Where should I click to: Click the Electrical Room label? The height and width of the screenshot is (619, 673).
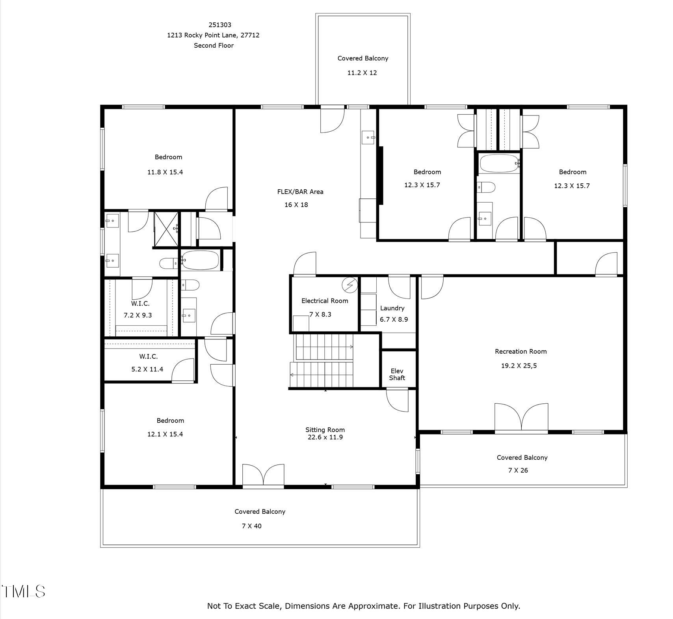coord(324,301)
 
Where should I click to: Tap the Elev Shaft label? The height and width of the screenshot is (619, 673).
coord(397,374)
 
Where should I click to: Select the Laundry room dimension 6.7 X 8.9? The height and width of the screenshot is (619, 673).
coord(394,319)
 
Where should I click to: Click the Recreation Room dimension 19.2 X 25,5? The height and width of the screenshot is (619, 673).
coord(519,365)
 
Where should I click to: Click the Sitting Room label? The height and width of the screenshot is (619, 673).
coord(325,430)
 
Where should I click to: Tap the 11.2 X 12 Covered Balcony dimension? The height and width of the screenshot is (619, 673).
coord(362,73)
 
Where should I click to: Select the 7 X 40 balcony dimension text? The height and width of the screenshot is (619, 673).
coord(251,526)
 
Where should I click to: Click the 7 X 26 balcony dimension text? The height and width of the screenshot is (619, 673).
coord(518,470)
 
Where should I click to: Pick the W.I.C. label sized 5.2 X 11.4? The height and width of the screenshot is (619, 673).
coord(148,356)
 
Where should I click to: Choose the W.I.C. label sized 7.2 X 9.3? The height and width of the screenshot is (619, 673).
coord(140,304)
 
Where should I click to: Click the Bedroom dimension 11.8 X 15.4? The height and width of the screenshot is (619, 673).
coord(165,172)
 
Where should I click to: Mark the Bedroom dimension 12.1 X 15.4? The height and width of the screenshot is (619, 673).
coord(165,434)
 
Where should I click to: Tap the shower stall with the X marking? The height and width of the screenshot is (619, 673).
coord(165,229)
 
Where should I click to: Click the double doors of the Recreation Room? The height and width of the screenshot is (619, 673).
coord(521,417)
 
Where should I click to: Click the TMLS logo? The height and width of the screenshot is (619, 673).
coord(24,591)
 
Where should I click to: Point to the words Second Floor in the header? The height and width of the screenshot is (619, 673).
coord(214,45)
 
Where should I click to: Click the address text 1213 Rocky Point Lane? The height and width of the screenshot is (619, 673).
coord(213,35)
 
